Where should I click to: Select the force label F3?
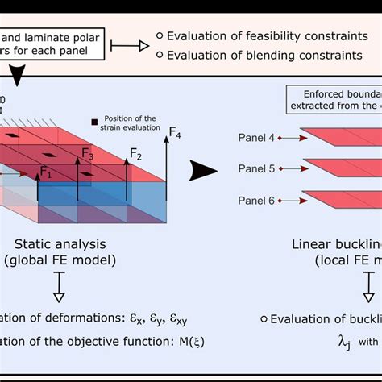pos(88,155)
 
